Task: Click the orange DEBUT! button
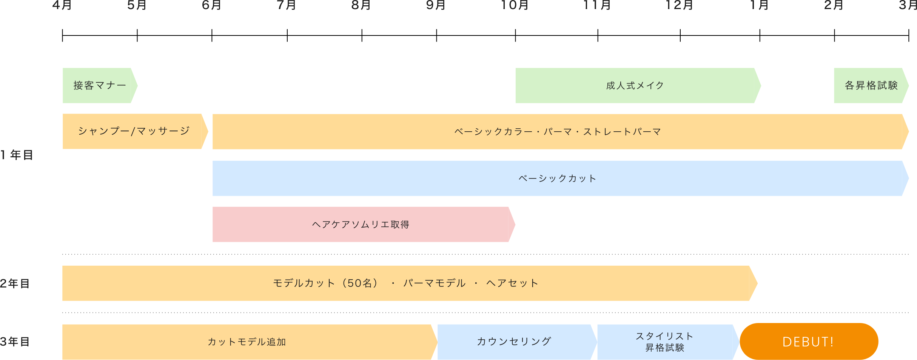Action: click(809, 342)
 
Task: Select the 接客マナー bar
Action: click(100, 86)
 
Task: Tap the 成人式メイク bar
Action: click(635, 86)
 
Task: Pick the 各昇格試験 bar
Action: click(871, 86)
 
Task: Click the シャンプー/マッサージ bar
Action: click(134, 131)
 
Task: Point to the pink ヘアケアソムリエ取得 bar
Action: click(361, 225)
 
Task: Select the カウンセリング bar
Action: click(514, 342)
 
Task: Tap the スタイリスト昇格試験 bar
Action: click(664, 342)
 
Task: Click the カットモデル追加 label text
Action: click(247, 342)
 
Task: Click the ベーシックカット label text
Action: click(557, 178)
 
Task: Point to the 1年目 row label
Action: click(17, 155)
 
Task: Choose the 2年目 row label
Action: click(15, 283)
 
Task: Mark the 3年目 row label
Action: click(15, 342)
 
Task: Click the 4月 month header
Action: click(62, 5)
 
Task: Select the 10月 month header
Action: click(515, 5)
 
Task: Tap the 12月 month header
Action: click(679, 5)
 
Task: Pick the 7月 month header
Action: click(286, 5)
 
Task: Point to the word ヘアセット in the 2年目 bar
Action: click(512, 283)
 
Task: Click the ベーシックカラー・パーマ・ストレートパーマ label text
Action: click(558, 132)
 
